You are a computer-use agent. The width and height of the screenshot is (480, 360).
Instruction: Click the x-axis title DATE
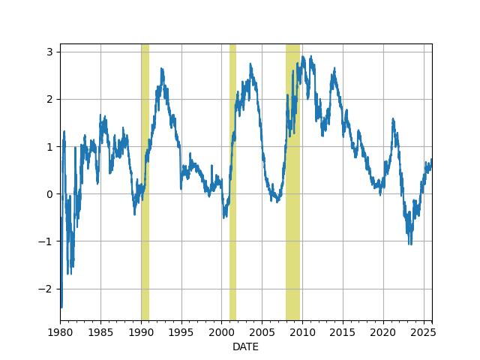point(246,346)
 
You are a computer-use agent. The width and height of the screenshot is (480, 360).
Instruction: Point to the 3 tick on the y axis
point(49,52)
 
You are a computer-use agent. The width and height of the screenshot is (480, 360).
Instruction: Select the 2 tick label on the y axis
point(49,99)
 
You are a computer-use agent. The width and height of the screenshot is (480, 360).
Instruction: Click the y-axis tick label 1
point(49,146)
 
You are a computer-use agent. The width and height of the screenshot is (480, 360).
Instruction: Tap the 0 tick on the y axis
point(49,193)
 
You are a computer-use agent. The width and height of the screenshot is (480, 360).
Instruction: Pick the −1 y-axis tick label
point(46,241)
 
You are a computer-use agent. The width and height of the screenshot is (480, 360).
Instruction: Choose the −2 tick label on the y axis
point(46,289)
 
